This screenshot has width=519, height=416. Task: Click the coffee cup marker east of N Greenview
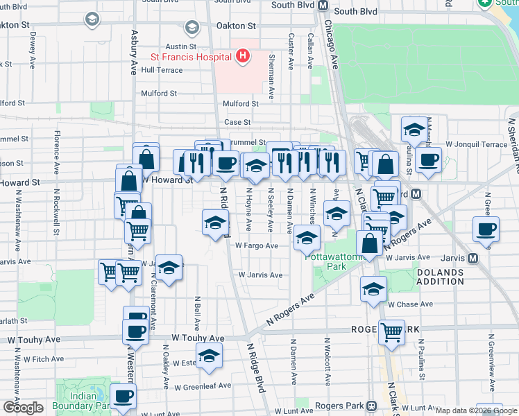[486, 229]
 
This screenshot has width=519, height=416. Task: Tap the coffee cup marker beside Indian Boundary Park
[123, 397]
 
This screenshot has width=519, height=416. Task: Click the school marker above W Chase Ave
[373, 288]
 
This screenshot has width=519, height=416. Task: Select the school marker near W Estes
[207, 356]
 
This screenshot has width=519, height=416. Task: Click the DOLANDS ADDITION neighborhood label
[440, 277]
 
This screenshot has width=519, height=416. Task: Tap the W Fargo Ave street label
[256, 245]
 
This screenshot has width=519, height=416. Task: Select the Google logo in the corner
[23, 408]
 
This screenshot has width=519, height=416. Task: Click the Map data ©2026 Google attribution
[476, 411]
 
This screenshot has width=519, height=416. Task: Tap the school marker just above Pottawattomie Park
[307, 237]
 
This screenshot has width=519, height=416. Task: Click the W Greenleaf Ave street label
[203, 387]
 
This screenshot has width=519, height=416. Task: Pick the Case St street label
[237, 123]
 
